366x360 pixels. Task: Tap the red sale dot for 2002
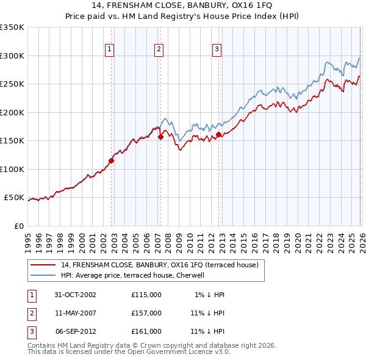tap(112, 161)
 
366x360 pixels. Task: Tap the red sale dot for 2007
tap(160, 137)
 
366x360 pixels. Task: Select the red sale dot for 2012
tap(218, 134)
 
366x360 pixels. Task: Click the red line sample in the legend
tap(44, 265)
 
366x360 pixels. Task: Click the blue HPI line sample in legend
tap(44, 275)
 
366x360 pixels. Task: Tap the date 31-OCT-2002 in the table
tap(75, 295)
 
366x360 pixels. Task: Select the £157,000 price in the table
tap(146, 312)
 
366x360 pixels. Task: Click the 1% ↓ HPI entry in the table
tap(210, 295)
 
